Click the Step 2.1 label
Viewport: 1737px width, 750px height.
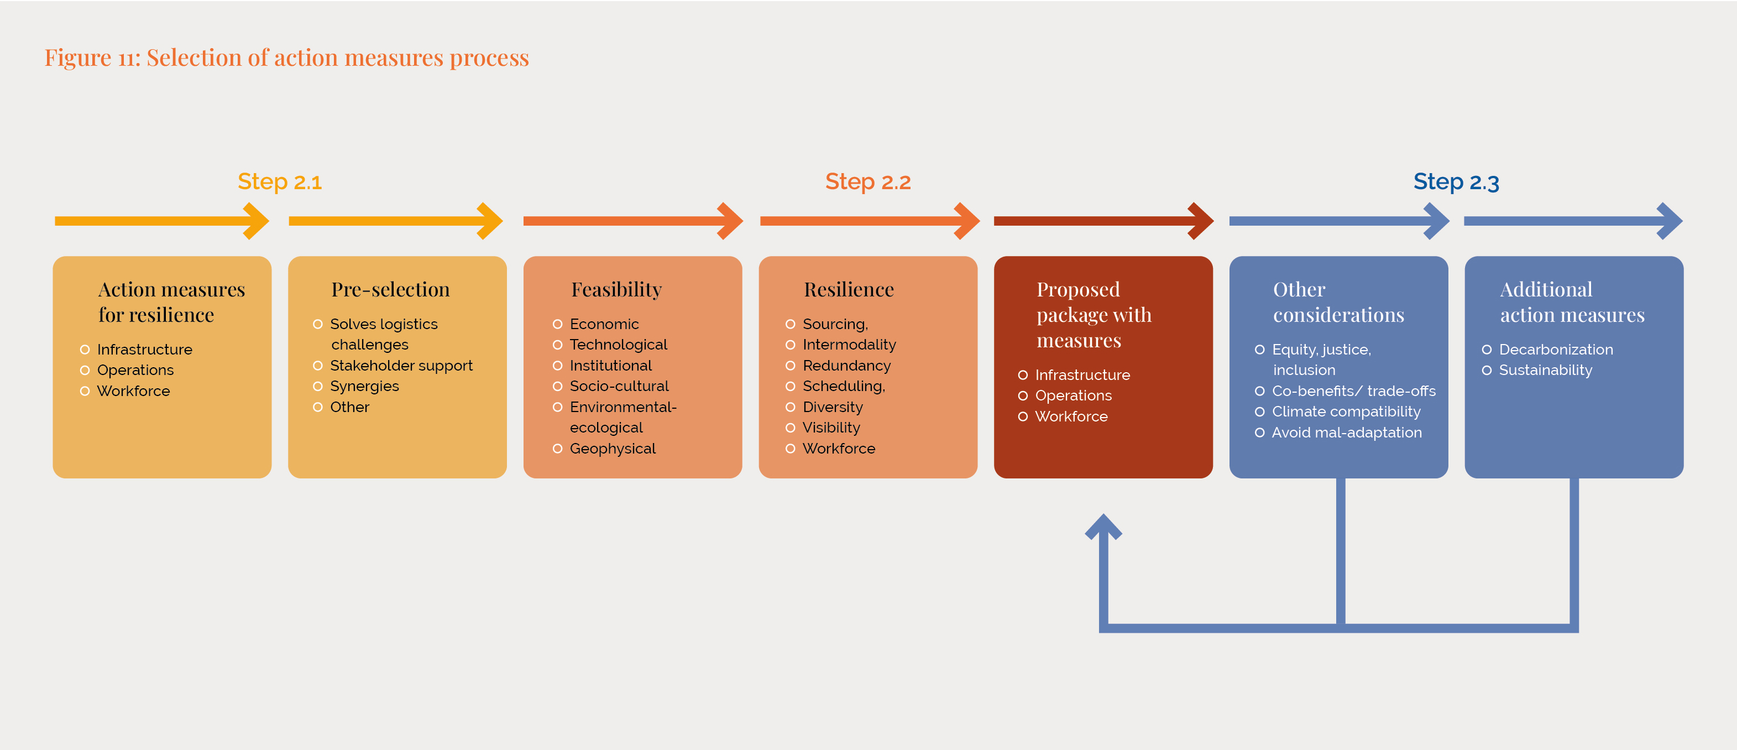(x=280, y=182)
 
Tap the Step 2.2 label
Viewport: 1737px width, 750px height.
(x=868, y=182)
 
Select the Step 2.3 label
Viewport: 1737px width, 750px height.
(x=1456, y=182)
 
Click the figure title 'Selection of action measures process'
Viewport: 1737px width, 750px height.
(x=338, y=58)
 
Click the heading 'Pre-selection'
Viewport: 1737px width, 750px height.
(x=390, y=289)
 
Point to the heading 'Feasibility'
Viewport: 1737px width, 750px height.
(x=616, y=290)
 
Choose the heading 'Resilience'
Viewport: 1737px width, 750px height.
(x=849, y=289)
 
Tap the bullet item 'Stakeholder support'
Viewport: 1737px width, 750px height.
(x=401, y=366)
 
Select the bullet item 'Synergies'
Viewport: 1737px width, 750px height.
(x=364, y=387)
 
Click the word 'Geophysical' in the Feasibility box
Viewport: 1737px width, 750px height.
(x=613, y=449)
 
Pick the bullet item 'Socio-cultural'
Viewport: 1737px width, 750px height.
(x=619, y=386)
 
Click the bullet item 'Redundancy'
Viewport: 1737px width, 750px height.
(x=846, y=366)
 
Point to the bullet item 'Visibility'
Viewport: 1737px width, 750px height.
(x=831, y=428)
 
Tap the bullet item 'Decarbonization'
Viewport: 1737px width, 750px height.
(x=1556, y=350)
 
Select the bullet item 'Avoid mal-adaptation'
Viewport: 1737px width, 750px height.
(x=1347, y=433)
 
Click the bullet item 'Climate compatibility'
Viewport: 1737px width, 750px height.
(x=1346, y=412)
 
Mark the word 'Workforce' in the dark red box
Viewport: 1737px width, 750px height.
(x=1071, y=416)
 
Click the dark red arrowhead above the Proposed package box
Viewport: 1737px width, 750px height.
(x=1200, y=221)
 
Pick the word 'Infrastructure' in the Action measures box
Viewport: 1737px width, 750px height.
(x=144, y=350)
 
